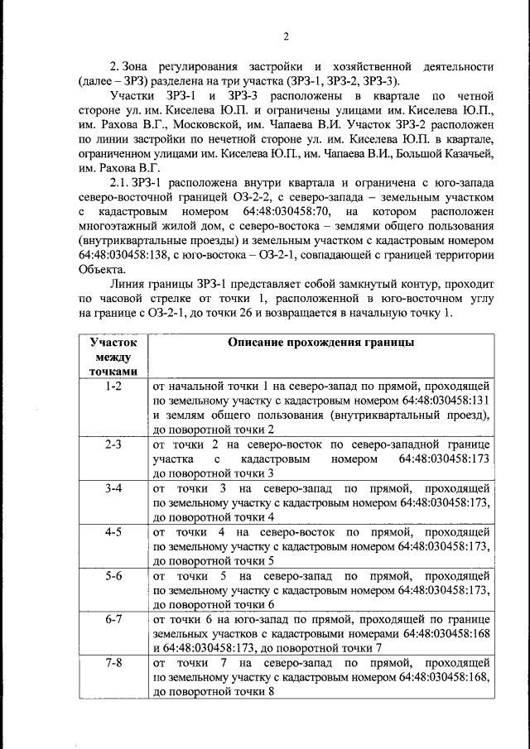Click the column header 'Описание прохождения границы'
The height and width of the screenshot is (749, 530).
pyautogui.click(x=320, y=343)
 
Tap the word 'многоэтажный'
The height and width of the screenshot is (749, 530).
pyautogui.click(x=119, y=227)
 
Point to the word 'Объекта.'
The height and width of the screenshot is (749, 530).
pyautogui.click(x=103, y=271)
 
